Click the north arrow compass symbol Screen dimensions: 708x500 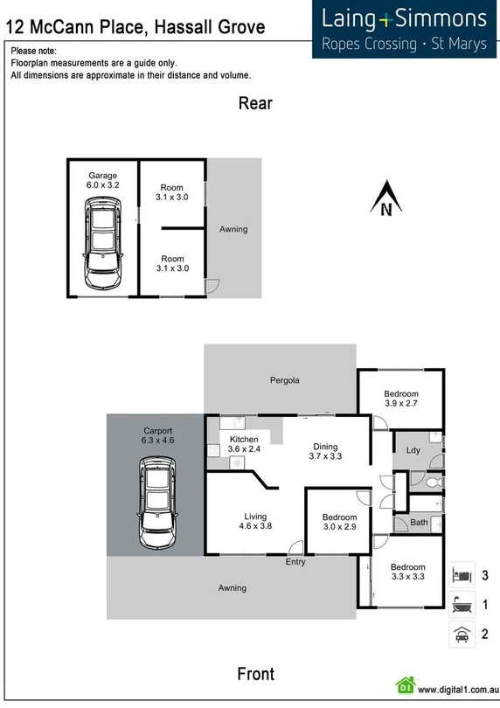[x=385, y=198]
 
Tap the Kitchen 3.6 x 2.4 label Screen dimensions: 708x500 [x=243, y=444]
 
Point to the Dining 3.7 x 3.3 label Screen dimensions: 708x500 [x=325, y=450]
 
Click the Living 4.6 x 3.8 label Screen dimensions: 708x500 [x=255, y=521]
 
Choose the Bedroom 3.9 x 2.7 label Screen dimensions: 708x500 [x=401, y=399]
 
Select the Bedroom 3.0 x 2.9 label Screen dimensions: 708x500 [x=339, y=522]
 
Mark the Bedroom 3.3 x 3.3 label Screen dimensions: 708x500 [x=407, y=572]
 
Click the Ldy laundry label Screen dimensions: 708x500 [x=413, y=450]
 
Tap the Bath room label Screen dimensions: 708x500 [x=420, y=523]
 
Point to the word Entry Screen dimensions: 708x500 [x=295, y=562]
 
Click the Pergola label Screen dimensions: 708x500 [x=284, y=380]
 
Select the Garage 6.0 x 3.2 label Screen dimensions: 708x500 [x=102, y=181]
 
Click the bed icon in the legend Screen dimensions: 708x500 [x=462, y=574]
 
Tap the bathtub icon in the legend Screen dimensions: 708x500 [x=462, y=604]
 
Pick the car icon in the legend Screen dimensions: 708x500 [x=462, y=635]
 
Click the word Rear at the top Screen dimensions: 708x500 [x=255, y=104]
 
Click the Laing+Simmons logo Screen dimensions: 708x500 [x=404, y=29]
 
